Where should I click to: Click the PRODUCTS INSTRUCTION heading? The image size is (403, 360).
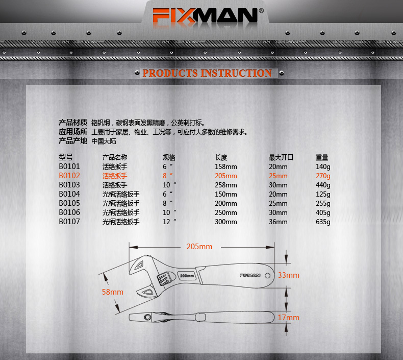[x=207, y=74]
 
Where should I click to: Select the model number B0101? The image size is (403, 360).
[x=69, y=167]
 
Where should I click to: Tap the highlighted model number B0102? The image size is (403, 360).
[x=69, y=176]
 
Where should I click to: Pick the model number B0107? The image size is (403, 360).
[x=69, y=222]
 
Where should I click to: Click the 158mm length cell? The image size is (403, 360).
[x=226, y=167]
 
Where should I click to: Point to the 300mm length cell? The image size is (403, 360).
[x=226, y=222]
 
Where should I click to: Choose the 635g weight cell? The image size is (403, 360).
[x=323, y=222]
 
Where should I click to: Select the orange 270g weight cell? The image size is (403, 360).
[x=323, y=176]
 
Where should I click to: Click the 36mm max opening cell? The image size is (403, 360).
[x=278, y=222]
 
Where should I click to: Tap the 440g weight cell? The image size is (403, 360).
[x=323, y=185]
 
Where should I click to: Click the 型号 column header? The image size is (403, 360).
[x=66, y=157]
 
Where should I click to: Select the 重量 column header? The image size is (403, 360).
[x=322, y=157]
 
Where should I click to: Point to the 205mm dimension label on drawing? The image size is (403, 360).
[x=199, y=247]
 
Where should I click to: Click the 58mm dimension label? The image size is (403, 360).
[x=113, y=292]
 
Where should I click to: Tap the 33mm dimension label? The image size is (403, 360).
[x=288, y=275]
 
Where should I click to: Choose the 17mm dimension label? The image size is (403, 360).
[x=288, y=318]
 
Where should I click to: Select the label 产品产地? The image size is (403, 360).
[x=73, y=141]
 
